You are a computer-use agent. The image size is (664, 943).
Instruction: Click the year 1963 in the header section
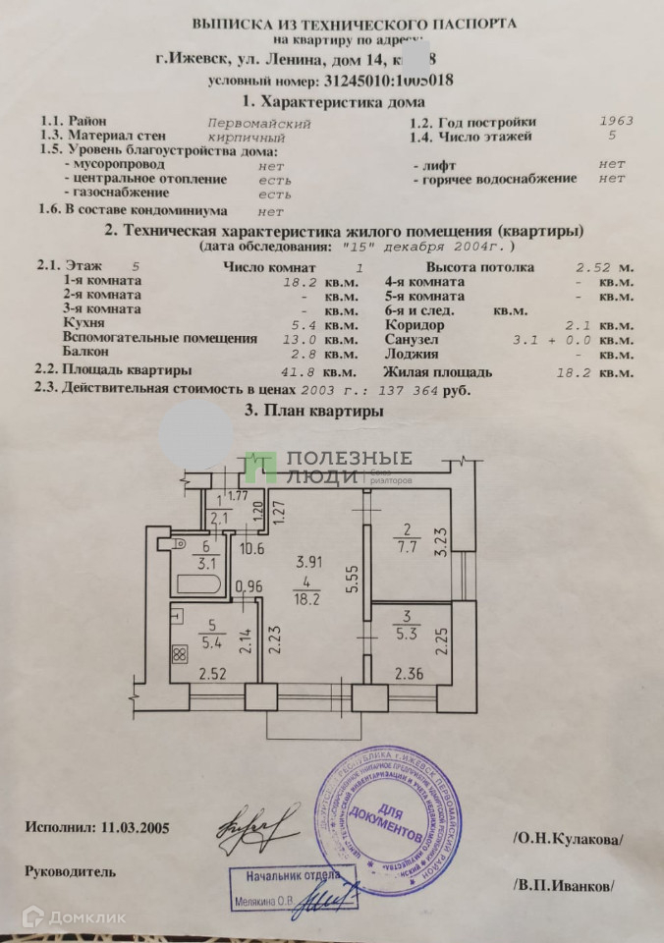point(616,122)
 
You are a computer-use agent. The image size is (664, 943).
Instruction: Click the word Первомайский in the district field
point(260,124)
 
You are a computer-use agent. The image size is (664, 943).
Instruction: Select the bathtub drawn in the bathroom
point(200,581)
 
